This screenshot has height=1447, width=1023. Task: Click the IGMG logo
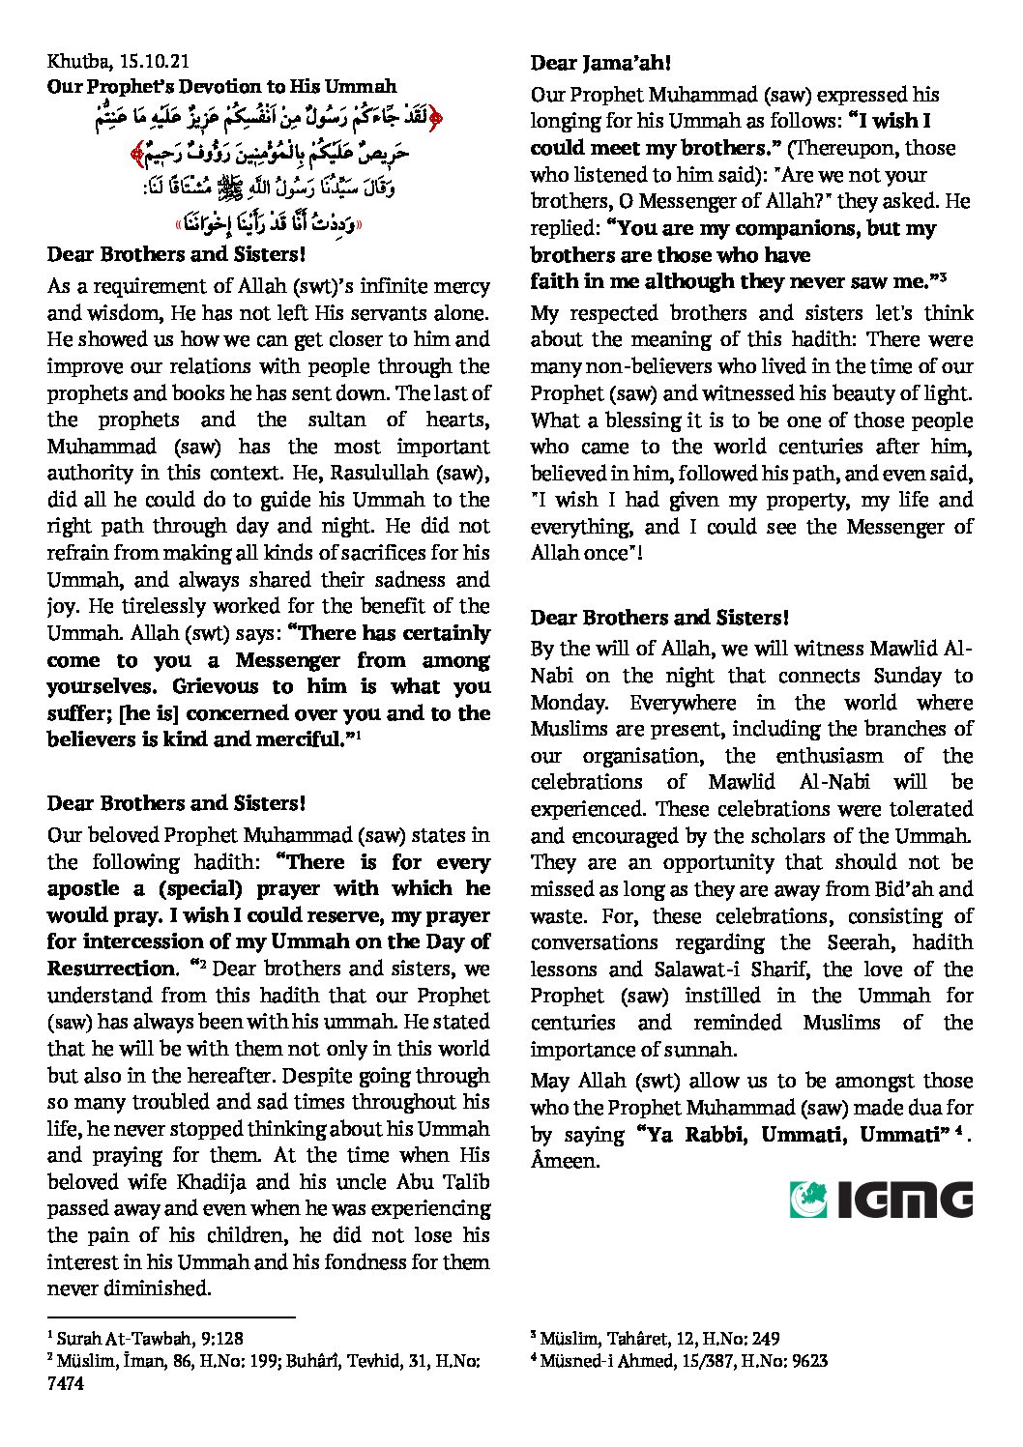(x=880, y=1199)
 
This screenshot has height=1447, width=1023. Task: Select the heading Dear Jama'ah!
(x=600, y=64)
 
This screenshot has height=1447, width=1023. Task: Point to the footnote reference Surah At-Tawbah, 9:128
(x=150, y=1339)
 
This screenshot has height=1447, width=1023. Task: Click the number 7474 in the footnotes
(x=66, y=1383)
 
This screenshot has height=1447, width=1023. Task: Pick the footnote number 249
(x=763, y=1339)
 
